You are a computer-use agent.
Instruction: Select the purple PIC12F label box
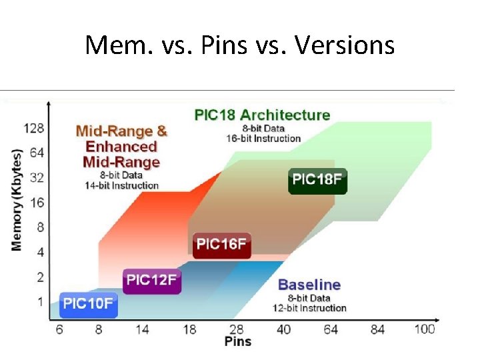pos(152,280)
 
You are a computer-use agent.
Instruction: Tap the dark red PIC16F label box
pos(222,245)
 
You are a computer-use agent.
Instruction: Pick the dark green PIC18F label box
pos(318,180)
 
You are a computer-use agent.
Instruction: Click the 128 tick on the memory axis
pos(33,127)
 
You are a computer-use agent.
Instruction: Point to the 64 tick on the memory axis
pos(37,152)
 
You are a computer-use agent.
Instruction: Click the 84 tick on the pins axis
pos(377,329)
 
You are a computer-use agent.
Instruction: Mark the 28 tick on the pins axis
pos(237,329)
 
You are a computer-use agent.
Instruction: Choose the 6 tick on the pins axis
pos(59,329)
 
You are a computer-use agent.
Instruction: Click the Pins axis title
pos(238,341)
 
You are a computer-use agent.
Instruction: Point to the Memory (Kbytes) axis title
pos(16,199)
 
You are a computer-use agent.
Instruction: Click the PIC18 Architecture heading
pos(262,115)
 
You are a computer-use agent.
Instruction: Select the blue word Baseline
pos(309,285)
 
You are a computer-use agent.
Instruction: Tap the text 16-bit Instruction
pos(263,139)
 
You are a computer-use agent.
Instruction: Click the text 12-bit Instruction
pos(309,308)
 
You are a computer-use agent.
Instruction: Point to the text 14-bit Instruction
pos(121,185)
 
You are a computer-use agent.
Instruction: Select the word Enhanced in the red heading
pos(121,147)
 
